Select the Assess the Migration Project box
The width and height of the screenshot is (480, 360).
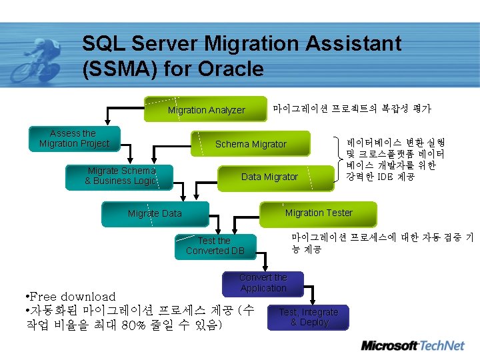pyautogui.click(x=74, y=139)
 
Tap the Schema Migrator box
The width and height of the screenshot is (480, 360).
pyautogui.click(x=251, y=144)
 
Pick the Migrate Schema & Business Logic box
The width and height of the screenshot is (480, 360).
pyautogui.click(x=121, y=176)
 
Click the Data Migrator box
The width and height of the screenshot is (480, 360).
pyautogui.click(x=269, y=177)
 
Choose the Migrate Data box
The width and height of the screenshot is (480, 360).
pyautogui.click(x=155, y=213)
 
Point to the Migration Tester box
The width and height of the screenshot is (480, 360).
pyautogui.click(x=319, y=213)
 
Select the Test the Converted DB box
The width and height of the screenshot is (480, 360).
pyautogui.click(x=215, y=246)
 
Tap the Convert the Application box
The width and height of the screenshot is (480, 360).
pyautogui.click(x=263, y=283)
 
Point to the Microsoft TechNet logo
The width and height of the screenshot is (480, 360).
pyautogui.click(x=412, y=345)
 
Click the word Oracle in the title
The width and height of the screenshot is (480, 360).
pyautogui.click(x=233, y=69)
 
